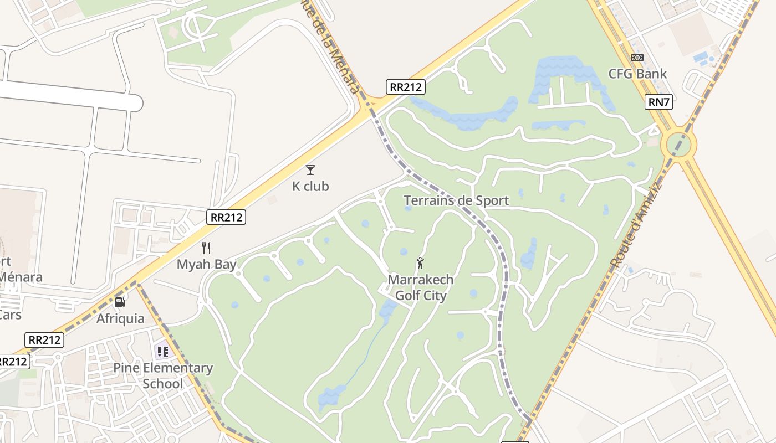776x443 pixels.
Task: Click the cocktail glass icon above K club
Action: (x=310, y=170)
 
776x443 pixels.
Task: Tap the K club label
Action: (x=310, y=187)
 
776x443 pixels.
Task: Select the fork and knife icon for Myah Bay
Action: (x=206, y=248)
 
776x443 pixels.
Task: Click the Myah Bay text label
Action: (x=207, y=264)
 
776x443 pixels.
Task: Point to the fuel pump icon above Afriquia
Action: (x=120, y=302)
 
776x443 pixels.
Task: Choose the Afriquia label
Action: (x=120, y=318)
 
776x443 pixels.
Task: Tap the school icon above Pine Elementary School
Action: (x=162, y=351)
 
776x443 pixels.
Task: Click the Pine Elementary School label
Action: (x=163, y=375)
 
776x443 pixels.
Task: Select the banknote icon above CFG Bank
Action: (x=637, y=58)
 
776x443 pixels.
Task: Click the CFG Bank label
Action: (x=637, y=74)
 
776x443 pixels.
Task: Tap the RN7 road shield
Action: (x=658, y=102)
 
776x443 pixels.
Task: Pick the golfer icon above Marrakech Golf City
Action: (x=420, y=263)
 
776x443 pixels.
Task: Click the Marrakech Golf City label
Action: (x=420, y=287)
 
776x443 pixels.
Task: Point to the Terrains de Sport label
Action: (x=456, y=200)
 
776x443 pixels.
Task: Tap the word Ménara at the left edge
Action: (x=21, y=277)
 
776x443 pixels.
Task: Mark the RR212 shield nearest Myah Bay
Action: (x=226, y=217)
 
